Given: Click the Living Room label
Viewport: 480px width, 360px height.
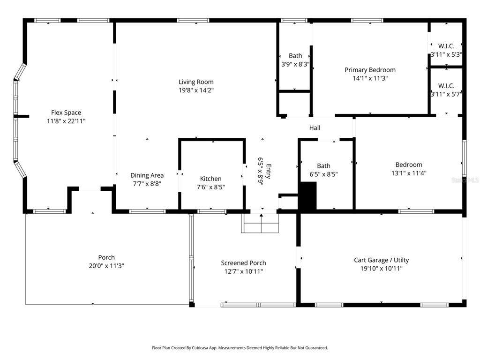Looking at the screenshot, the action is (x=196, y=82).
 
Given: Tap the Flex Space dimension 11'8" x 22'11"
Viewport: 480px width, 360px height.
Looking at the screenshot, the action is (x=66, y=121).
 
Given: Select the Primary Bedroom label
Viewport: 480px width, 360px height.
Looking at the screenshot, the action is (x=370, y=70).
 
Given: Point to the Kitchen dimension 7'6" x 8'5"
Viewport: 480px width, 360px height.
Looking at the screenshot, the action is (x=210, y=187).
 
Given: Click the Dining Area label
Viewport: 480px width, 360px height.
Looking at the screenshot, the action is (x=147, y=175).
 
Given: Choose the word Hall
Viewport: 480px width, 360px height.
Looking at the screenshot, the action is (x=315, y=128).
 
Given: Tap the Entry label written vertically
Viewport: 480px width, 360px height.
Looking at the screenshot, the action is (x=269, y=172).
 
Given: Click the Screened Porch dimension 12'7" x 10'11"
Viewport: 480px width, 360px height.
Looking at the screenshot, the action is (x=244, y=271).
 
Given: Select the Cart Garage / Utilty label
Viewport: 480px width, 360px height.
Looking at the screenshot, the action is (x=382, y=260).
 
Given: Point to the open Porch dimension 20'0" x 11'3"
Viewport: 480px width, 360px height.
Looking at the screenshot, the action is (x=106, y=266).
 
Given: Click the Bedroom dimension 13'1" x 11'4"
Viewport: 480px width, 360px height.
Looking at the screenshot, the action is (x=409, y=173).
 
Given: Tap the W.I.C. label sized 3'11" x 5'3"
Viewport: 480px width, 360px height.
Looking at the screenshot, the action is (x=446, y=46).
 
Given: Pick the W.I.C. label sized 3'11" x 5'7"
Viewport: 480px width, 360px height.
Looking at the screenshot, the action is (x=446, y=86).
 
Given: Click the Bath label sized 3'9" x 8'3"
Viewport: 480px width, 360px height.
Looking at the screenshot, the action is (x=295, y=56).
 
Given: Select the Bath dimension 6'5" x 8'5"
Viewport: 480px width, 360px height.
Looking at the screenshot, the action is (x=323, y=174).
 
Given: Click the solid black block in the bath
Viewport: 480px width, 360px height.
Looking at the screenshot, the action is (x=307, y=196).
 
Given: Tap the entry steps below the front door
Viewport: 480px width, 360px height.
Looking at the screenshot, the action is (x=260, y=223).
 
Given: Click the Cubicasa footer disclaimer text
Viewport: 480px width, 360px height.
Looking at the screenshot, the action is (x=240, y=348).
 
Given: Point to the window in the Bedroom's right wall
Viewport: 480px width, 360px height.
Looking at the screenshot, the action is (x=464, y=158).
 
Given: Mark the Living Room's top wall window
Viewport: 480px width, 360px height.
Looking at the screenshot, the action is (x=193, y=21).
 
